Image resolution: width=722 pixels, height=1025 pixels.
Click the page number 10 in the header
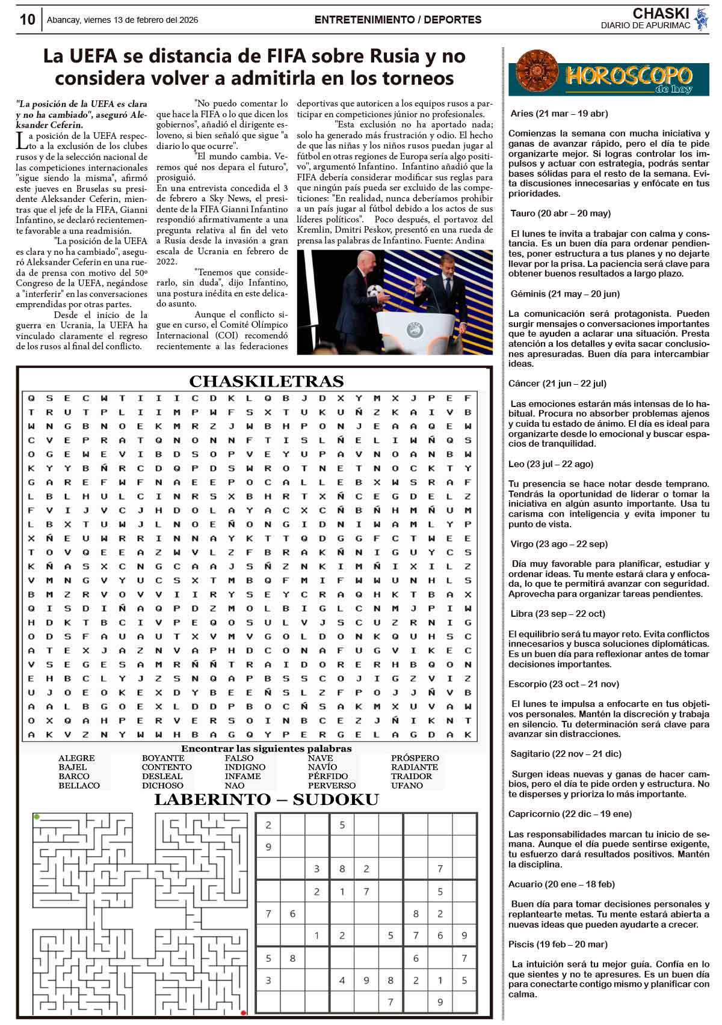(x=27, y=19)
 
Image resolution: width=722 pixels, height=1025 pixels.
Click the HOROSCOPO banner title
(x=628, y=76)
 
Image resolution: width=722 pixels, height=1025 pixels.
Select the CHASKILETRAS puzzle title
(x=266, y=381)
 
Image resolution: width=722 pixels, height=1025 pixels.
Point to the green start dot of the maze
(x=37, y=816)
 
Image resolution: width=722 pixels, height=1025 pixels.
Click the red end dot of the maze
(x=244, y=1012)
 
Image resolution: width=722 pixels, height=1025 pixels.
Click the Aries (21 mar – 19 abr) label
(x=559, y=113)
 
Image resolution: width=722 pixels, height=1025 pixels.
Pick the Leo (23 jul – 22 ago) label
(x=551, y=464)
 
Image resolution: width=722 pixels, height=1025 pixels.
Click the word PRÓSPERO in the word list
(x=415, y=758)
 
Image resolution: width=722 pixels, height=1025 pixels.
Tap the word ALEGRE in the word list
(x=76, y=758)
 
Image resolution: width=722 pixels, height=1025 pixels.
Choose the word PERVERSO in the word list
(x=332, y=785)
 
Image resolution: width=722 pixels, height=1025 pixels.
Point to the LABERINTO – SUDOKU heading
(x=266, y=799)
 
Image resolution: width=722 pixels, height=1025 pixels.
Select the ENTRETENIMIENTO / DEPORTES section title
(x=398, y=20)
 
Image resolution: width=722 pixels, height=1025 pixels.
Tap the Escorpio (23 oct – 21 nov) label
(x=563, y=684)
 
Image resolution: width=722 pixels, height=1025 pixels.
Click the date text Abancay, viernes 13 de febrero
(x=122, y=20)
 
